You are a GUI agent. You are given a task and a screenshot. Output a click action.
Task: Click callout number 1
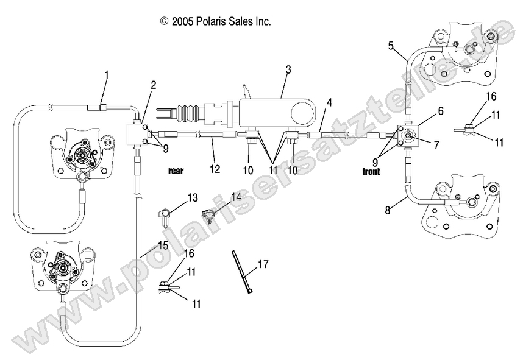(x=107, y=75)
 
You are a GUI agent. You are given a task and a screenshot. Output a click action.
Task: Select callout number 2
(x=153, y=85)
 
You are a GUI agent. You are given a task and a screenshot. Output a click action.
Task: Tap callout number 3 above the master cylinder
(x=288, y=69)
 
